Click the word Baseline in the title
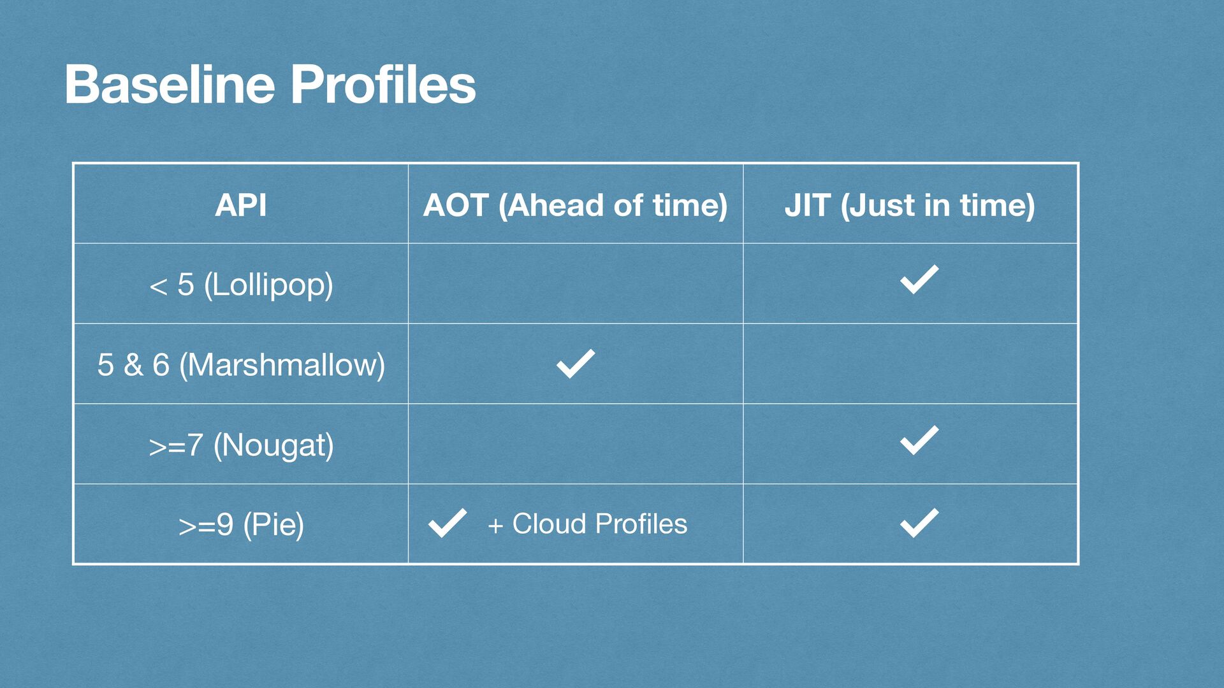[170, 84]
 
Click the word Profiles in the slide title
[383, 84]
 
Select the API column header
[240, 205]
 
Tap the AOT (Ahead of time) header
[575, 206]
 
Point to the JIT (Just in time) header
[910, 206]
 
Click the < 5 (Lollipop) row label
[241, 285]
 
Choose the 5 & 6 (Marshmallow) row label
[241, 365]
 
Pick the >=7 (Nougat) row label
[241, 445]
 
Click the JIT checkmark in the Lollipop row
[919, 279]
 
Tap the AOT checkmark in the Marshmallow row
[576, 364]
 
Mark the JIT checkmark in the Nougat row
[919, 440]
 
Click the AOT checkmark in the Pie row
[448, 524]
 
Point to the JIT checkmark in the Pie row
[919, 523]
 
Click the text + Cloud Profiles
[587, 524]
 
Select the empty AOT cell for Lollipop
[576, 283]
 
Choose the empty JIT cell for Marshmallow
[910, 364]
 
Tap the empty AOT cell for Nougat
[576, 444]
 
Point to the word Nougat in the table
[273, 445]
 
